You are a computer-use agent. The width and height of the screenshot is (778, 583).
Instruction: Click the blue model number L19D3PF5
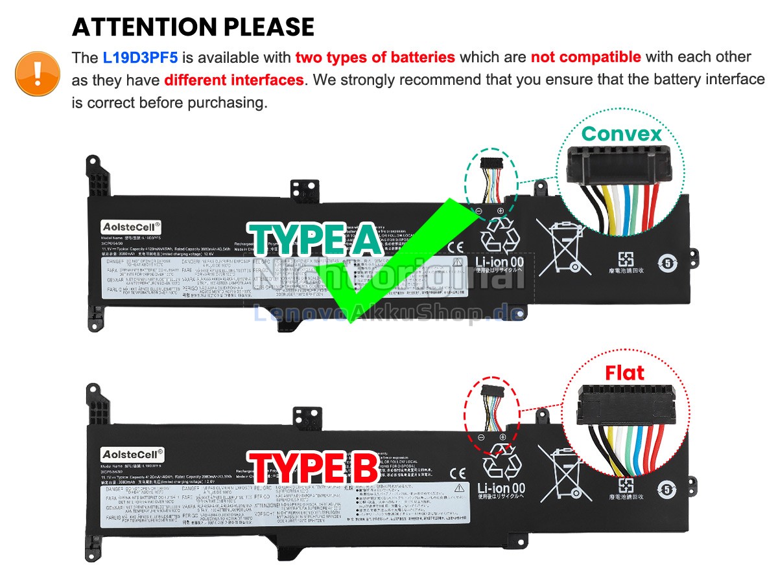click(140, 57)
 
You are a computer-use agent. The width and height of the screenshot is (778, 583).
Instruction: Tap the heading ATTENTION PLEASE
click(193, 27)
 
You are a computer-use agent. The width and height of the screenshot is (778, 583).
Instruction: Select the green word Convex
click(621, 133)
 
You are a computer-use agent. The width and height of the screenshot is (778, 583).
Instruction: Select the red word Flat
click(624, 372)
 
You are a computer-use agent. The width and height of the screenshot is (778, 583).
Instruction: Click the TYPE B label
click(313, 468)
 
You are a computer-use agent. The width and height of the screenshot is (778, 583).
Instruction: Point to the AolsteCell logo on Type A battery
click(130, 226)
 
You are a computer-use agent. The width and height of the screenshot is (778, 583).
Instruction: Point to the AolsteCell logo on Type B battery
click(132, 455)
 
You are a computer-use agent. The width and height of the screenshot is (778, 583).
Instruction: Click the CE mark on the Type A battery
click(456, 246)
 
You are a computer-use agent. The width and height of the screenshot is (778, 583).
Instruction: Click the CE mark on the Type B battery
click(458, 473)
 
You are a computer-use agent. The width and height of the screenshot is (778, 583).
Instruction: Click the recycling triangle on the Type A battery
click(500, 234)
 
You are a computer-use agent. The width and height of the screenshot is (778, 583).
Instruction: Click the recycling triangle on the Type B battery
click(501, 461)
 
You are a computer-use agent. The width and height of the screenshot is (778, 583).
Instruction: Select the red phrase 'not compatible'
click(585, 57)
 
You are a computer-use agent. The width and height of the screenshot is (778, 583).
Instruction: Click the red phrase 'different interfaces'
click(233, 80)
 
